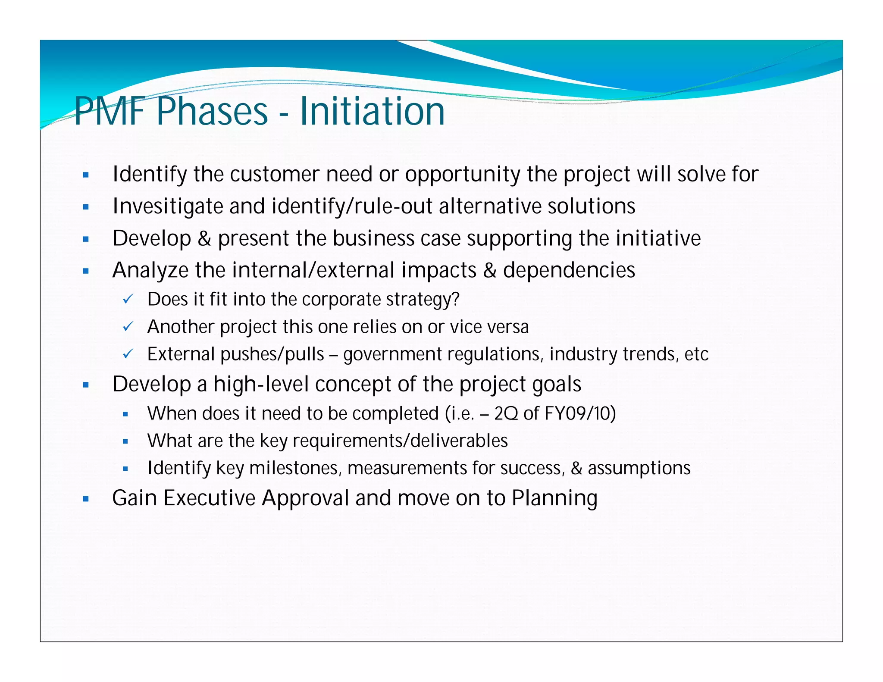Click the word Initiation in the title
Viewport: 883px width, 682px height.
372,111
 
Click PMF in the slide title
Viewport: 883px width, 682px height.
110,111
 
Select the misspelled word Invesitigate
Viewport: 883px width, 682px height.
167,206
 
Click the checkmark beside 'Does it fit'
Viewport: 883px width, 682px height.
128,299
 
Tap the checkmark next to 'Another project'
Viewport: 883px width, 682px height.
128,326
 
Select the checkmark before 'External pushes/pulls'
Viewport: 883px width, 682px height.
128,354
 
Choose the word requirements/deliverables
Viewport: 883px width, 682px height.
400,441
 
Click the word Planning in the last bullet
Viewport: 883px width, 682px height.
554,499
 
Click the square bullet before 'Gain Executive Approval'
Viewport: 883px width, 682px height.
86,499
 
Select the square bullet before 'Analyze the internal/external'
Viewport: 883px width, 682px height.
86,271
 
